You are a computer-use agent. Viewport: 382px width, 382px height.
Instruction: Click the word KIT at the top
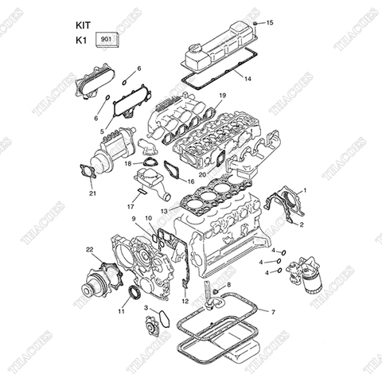(84, 24)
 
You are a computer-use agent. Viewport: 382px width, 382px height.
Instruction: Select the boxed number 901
(106, 38)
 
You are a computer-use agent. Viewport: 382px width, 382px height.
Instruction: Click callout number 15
(269, 22)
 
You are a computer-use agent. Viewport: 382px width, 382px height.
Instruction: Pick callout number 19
(222, 95)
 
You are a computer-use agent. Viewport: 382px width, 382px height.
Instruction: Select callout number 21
(92, 193)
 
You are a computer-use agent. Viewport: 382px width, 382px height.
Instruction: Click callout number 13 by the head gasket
(163, 211)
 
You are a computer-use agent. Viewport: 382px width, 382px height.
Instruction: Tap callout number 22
(90, 250)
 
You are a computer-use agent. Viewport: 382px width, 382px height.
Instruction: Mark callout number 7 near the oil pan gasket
(273, 312)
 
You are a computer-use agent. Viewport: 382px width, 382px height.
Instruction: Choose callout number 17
(130, 207)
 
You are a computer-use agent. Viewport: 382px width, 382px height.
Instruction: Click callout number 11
(122, 311)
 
